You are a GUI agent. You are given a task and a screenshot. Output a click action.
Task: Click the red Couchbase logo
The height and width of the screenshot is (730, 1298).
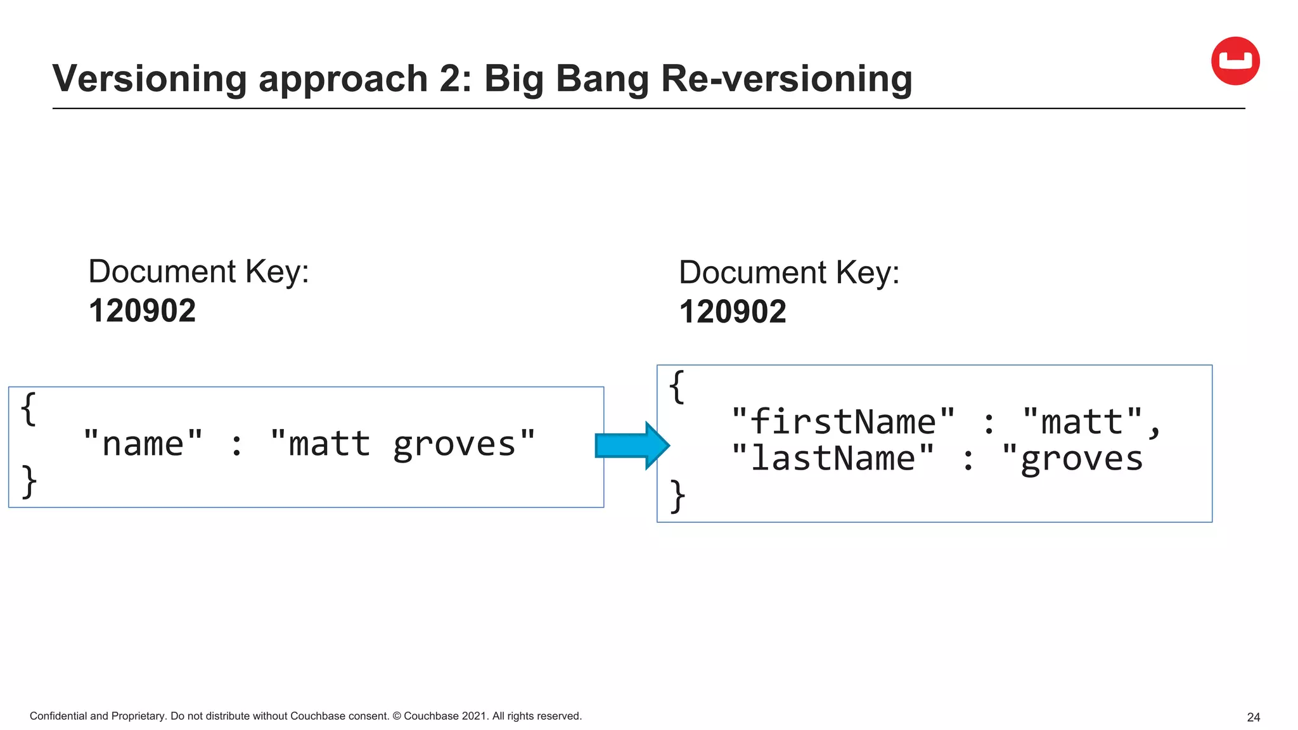pyautogui.click(x=1235, y=61)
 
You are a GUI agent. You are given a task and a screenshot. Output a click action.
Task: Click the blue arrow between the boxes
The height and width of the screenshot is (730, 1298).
pyautogui.click(x=631, y=445)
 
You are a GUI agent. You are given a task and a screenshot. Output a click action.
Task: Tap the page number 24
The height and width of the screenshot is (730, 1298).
pyautogui.click(x=1253, y=717)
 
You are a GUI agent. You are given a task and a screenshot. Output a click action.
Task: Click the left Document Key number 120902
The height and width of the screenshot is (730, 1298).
pyautogui.click(x=142, y=311)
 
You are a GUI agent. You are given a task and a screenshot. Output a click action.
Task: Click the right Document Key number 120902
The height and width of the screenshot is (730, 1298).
pyautogui.click(x=733, y=312)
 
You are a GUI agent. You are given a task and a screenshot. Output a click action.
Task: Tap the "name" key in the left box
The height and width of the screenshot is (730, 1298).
pyautogui.click(x=143, y=444)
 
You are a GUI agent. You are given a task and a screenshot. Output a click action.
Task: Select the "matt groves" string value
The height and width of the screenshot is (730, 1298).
pyautogui.click(x=402, y=444)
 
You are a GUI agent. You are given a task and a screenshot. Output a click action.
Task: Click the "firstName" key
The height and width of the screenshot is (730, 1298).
pyautogui.click(x=842, y=421)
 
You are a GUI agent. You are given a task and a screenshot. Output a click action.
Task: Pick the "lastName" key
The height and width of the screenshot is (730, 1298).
pyautogui.click(x=832, y=458)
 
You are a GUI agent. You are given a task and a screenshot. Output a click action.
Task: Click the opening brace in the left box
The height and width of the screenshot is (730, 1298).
pyautogui.click(x=29, y=409)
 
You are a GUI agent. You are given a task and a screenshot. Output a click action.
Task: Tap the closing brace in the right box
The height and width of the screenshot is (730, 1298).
pyautogui.click(x=678, y=496)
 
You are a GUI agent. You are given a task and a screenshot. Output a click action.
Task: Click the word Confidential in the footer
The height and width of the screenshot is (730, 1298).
pyautogui.click(x=58, y=716)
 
